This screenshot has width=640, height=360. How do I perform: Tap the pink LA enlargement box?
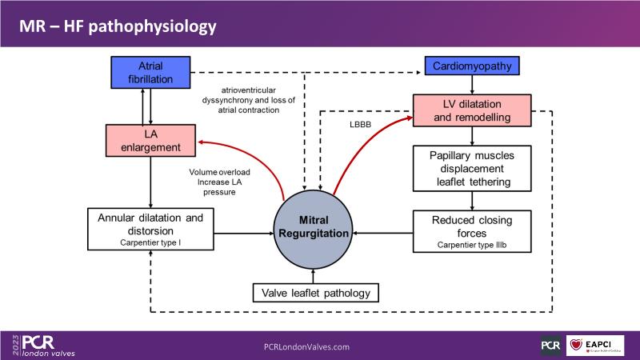coord(152,140)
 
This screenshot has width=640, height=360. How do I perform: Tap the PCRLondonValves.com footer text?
coord(306,346)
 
